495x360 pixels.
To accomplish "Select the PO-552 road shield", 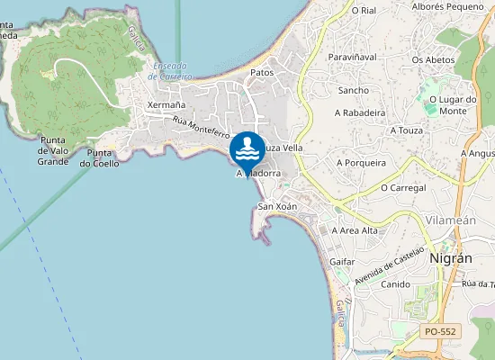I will (441, 332).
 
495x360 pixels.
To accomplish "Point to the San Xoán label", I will (277, 207).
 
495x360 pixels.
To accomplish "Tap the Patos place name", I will (262, 73).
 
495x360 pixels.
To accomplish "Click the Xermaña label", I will (166, 105).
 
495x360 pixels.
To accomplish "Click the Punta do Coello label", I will (99, 158).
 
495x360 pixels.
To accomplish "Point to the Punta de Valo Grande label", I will (54, 150).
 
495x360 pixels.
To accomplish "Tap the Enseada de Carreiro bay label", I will (172, 72).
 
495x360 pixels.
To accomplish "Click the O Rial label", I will (363, 11).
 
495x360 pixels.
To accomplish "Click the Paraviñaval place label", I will (353, 56).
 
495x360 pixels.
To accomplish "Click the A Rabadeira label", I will (359, 112).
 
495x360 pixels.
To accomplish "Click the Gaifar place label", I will (343, 261).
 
